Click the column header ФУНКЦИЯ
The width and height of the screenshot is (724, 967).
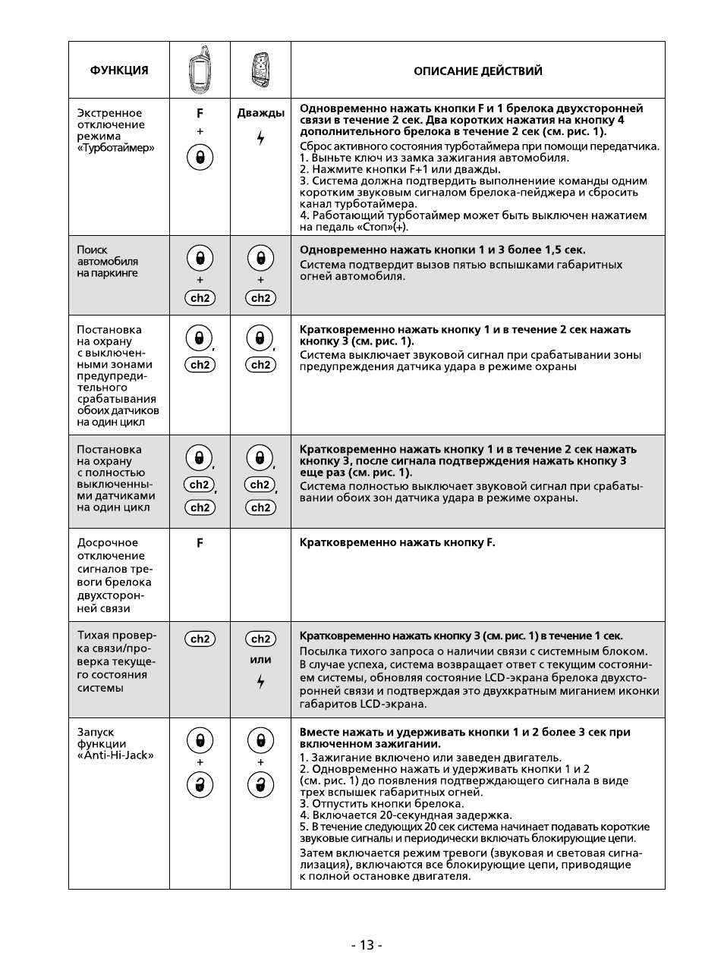[x=119, y=71]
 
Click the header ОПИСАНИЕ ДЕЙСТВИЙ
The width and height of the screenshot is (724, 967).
[x=477, y=71]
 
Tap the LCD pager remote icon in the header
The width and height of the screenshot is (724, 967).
[x=200, y=70]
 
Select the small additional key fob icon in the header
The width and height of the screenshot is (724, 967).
[x=260, y=71]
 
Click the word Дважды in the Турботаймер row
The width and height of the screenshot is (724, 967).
[x=260, y=113]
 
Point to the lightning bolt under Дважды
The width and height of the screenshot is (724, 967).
[x=260, y=138]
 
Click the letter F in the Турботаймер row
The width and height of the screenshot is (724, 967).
[x=200, y=113]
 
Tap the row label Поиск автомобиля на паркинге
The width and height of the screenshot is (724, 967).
[x=108, y=261]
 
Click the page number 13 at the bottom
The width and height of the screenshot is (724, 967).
[x=367, y=944]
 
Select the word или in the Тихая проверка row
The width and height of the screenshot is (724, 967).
[x=260, y=660]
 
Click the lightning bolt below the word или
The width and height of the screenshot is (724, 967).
[x=260, y=682]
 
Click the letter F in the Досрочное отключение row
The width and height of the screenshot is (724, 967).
[x=200, y=543]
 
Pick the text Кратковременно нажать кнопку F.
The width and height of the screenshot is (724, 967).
[x=397, y=543]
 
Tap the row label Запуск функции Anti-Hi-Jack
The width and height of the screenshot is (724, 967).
[x=115, y=743]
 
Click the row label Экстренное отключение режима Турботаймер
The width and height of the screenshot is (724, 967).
[x=115, y=130]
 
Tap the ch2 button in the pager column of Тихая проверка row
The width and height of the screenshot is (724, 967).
[x=200, y=639]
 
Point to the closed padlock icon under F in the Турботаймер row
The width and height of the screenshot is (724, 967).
[x=200, y=158]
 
